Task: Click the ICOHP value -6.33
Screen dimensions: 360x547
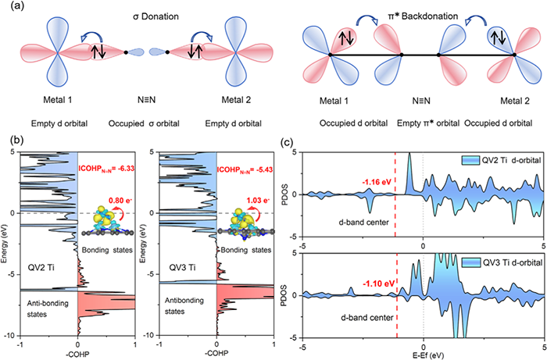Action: (x=107, y=164)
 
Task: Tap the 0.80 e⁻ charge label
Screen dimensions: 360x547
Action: (x=113, y=187)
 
